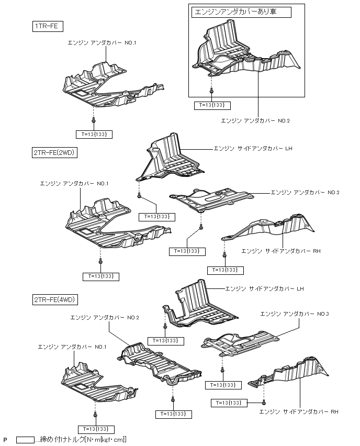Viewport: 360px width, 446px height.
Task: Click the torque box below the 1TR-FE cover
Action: (94, 135)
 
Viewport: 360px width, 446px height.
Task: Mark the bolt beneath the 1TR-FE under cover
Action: (93, 121)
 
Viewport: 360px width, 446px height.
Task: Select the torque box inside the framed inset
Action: (212, 106)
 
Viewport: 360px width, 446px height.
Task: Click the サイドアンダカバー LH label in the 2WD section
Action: (252, 149)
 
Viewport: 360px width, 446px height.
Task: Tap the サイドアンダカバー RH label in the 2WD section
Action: (280, 251)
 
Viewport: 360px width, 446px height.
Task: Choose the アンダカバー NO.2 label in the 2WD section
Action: (305, 193)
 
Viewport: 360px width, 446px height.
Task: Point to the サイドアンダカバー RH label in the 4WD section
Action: (298, 412)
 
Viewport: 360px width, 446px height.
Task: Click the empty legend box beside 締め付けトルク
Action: (25, 440)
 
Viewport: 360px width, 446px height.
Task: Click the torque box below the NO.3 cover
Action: (222, 385)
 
